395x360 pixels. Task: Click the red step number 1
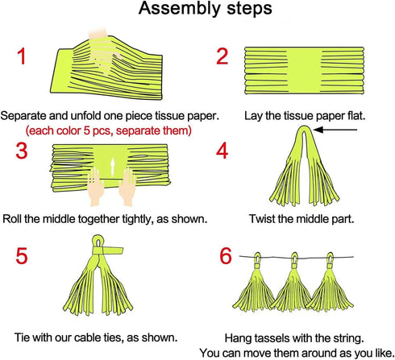click(x=22, y=56)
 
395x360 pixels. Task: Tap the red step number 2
click(x=222, y=56)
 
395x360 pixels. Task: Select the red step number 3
click(x=22, y=151)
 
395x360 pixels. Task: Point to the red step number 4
click(x=222, y=151)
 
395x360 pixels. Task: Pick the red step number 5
click(x=22, y=255)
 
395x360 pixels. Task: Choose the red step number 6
click(x=226, y=255)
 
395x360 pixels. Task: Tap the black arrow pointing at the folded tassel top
click(x=335, y=130)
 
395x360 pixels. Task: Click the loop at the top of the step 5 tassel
click(x=98, y=241)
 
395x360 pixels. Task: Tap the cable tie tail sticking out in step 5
click(x=114, y=250)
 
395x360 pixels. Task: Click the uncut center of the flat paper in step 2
click(x=305, y=70)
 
